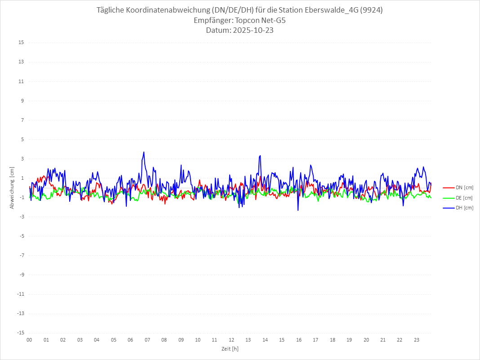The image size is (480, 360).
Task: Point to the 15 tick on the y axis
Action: (21, 43)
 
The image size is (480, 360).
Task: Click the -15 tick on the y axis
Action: (20, 333)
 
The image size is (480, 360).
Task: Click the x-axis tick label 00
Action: (29, 340)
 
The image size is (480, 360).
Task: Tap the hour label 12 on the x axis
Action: (231, 340)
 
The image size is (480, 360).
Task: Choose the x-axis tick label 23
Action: (417, 340)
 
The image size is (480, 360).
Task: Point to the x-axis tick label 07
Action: (147, 340)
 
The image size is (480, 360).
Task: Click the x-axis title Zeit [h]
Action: (230, 349)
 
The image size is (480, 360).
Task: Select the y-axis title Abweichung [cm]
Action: (12, 187)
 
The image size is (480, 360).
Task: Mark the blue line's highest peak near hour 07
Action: (144, 152)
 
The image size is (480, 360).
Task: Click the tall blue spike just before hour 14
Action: (260, 156)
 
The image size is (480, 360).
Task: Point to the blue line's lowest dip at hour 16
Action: (298, 210)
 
